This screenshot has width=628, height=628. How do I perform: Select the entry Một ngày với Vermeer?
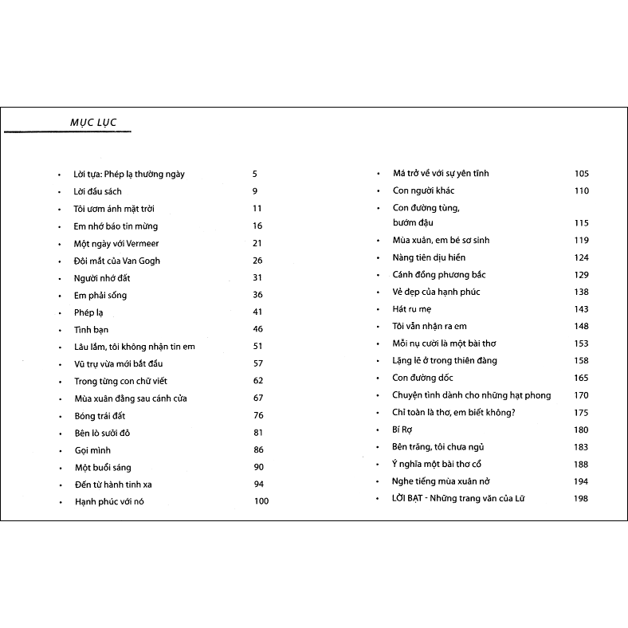pos(111,243)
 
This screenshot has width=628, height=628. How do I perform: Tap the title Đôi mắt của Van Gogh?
pos(117,261)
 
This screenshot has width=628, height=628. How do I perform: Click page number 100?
pos(261,501)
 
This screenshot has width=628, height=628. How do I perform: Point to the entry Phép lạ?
pos(89,312)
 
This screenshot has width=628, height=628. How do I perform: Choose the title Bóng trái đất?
pos(100,415)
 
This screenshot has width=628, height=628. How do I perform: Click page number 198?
pos(580,499)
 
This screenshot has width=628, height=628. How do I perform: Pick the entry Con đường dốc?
pos(422,378)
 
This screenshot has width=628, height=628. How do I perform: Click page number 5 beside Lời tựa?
pos(255,174)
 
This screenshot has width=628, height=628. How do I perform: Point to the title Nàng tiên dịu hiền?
pos(429,257)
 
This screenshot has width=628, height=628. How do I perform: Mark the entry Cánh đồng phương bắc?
pos(439,275)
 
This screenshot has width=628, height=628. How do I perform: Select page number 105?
pos(580,174)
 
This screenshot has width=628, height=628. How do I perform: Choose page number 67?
pos(257,398)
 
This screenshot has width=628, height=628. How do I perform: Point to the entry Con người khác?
pos(424,190)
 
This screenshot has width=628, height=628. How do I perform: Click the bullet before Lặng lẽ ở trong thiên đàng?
pos(379,361)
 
